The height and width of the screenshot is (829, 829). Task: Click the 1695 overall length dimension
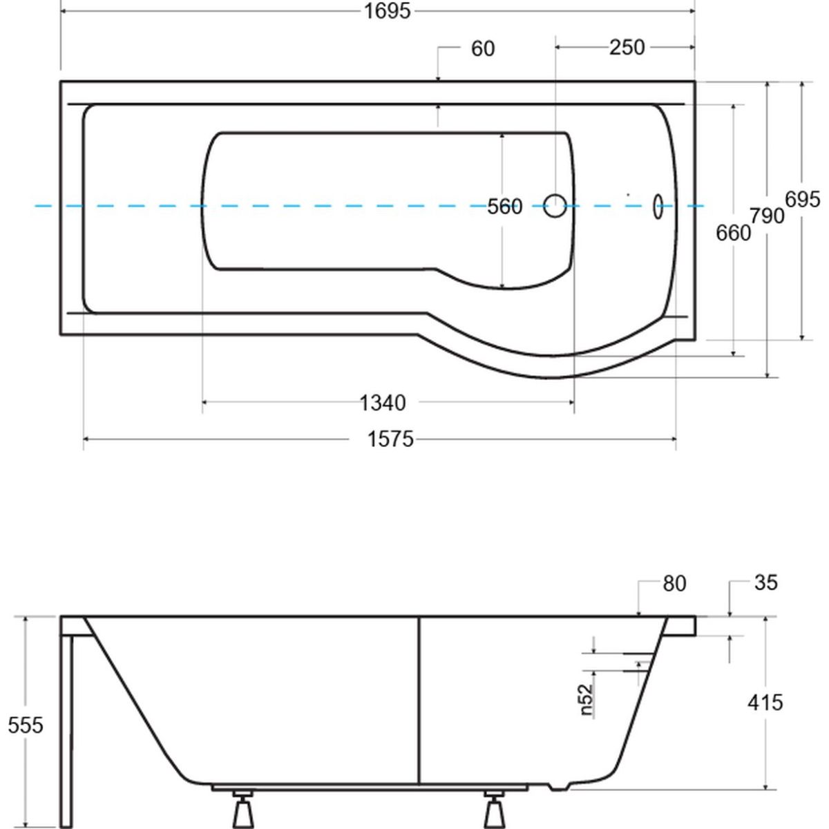coord(389,11)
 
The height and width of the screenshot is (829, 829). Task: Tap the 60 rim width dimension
coord(483,48)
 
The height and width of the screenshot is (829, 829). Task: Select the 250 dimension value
coord(627,47)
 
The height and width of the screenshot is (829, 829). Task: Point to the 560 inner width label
coord(504,206)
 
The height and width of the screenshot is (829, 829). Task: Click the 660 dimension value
coord(732,233)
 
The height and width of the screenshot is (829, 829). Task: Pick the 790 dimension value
coord(768,216)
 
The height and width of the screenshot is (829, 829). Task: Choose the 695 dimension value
coord(802,199)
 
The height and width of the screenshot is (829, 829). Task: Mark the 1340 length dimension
coord(383,401)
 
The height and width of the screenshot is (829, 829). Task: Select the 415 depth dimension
coord(765,703)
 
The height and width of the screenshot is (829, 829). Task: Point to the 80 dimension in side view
coord(674,584)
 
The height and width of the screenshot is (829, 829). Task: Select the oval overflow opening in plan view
coord(658,206)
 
